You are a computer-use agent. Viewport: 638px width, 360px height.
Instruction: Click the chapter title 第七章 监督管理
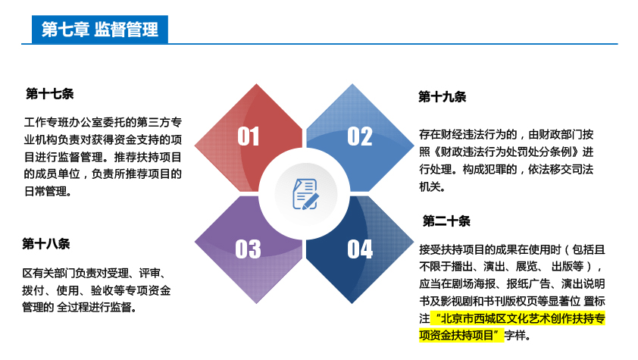click(x=100, y=30)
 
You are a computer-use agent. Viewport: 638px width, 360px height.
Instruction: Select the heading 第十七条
click(x=50, y=94)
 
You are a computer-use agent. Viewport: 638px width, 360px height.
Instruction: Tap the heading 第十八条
click(x=46, y=243)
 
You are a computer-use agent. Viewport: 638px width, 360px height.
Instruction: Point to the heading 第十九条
click(x=443, y=97)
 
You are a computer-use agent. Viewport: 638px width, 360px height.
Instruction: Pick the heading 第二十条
click(x=446, y=221)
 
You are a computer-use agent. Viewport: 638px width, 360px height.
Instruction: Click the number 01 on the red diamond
click(x=249, y=136)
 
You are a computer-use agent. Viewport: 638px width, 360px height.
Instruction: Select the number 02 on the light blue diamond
click(x=360, y=136)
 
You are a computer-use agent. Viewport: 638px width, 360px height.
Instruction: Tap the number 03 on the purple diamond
click(x=249, y=249)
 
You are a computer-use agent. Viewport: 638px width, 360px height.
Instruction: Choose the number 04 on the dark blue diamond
click(x=360, y=249)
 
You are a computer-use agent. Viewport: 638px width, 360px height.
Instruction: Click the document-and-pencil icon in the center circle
click(x=305, y=194)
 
